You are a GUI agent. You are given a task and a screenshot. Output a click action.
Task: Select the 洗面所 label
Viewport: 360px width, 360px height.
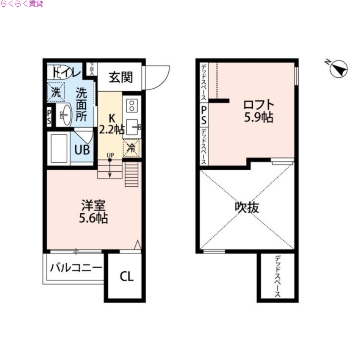click(81, 105)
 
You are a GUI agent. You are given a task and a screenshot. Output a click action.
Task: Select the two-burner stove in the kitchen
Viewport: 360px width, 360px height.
click(132, 106)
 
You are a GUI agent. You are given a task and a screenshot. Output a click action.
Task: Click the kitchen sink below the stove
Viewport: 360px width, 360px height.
click(133, 127)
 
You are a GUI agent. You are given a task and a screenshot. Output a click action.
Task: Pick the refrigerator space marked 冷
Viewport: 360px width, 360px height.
click(131, 148)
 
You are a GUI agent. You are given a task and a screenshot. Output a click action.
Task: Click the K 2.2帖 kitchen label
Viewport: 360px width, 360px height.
click(111, 124)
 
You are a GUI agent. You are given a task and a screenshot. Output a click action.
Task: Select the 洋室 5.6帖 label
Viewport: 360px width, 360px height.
click(94, 211)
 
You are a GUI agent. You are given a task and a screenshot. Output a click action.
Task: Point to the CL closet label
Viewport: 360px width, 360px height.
click(126, 276)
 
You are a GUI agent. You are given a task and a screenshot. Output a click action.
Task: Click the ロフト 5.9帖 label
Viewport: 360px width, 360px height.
click(258, 111)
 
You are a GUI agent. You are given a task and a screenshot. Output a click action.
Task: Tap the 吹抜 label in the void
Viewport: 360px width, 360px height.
click(247, 208)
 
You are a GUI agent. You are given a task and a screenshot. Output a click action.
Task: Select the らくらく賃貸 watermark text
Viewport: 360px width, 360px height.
click(22, 4)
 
